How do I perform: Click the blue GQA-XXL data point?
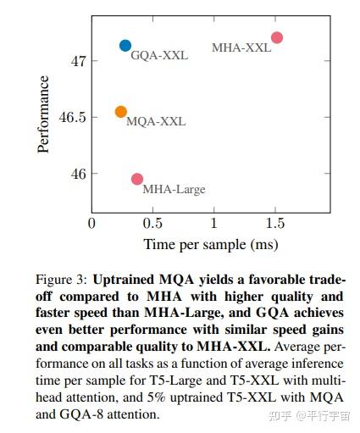coord(125,46)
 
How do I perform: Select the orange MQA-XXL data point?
coord(121,112)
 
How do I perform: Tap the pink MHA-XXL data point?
coord(276,37)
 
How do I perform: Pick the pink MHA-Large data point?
coord(137,179)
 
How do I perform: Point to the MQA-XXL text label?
coord(156,121)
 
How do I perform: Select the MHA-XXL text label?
coord(241,48)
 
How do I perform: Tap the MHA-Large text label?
coord(174,189)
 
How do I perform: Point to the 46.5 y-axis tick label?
coord(72,118)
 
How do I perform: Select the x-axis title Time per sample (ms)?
coord(211,244)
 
